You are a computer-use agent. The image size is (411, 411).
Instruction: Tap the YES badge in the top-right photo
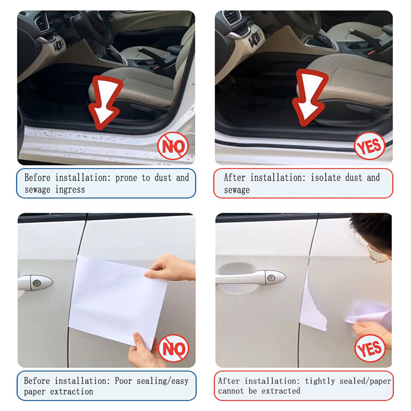tap(369, 145)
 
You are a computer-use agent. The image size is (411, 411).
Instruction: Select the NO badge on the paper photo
tap(174, 348)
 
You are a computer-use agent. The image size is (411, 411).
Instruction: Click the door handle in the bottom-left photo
tap(35, 282)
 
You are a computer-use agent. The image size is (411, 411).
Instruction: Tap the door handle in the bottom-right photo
tap(250, 277)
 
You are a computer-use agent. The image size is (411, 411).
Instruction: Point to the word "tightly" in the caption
tap(324, 381)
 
